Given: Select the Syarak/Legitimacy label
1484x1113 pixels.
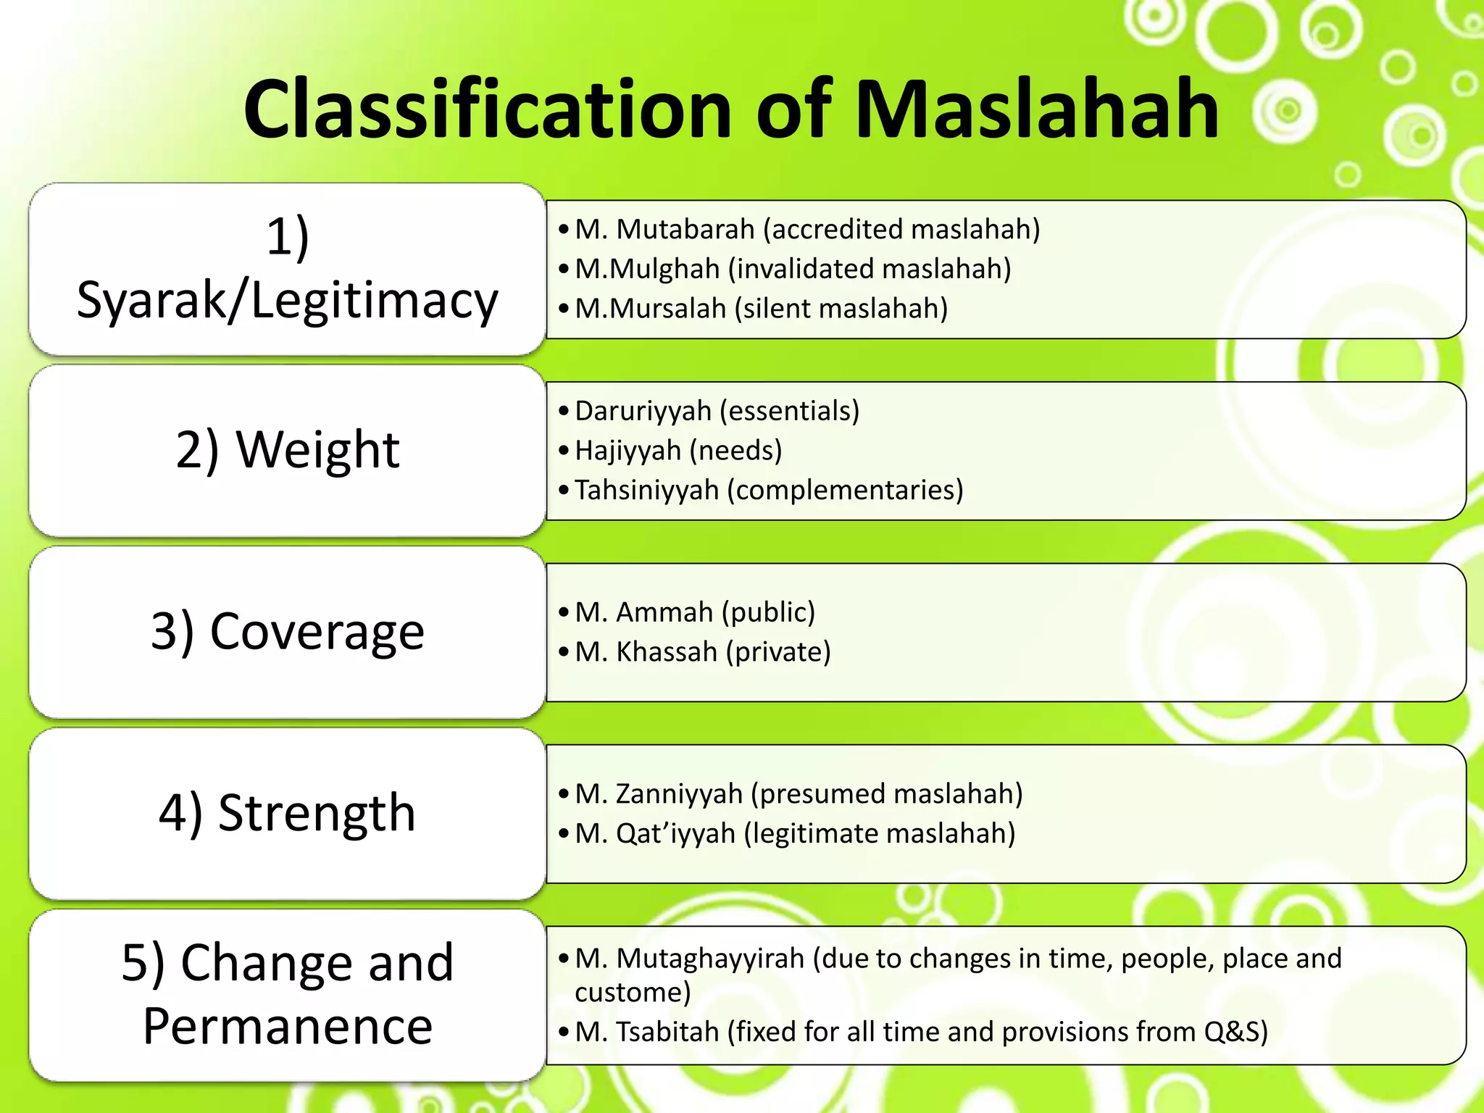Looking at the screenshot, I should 287,300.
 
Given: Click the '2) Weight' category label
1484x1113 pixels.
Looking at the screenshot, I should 287,450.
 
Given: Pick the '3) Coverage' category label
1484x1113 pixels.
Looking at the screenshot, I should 287,631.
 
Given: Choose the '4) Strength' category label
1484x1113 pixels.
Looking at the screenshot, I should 287,812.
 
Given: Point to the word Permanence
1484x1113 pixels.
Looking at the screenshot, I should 287,1026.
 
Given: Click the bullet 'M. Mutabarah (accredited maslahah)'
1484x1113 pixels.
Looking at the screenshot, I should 807,229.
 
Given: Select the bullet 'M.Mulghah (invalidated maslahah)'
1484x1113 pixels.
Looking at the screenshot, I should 793,269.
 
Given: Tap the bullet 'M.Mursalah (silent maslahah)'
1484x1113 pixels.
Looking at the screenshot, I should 761,309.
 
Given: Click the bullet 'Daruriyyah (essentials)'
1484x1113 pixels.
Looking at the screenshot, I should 717,411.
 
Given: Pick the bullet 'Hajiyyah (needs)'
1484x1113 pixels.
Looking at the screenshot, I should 678,451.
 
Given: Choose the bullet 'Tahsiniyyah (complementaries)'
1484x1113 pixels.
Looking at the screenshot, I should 769,491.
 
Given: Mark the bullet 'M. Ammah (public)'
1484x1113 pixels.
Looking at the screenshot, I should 695,612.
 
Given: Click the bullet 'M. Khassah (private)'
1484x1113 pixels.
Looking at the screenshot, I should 702,652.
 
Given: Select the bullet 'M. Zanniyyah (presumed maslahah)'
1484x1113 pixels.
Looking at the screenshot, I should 799,794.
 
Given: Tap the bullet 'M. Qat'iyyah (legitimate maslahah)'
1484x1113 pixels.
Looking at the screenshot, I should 795,834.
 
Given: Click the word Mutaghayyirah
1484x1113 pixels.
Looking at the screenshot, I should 710,959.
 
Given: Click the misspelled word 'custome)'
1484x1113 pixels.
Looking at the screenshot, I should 633,992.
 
